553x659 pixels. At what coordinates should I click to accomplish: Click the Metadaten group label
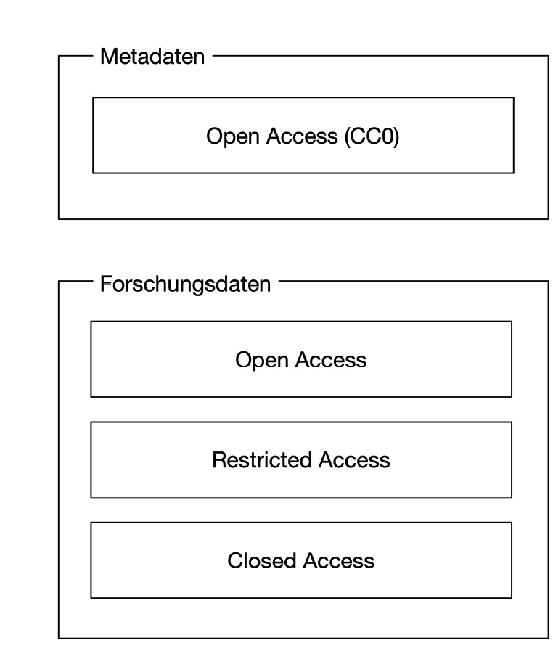click(x=152, y=57)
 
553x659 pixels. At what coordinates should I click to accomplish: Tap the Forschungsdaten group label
click(x=185, y=284)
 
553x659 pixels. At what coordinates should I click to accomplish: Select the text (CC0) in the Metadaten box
click(x=372, y=136)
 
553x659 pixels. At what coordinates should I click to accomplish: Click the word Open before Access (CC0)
click(x=232, y=137)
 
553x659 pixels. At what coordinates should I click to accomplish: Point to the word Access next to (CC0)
click(x=302, y=136)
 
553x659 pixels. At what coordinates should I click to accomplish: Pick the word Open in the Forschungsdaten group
click(x=262, y=360)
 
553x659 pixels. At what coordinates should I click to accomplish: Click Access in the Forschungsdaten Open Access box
click(x=331, y=360)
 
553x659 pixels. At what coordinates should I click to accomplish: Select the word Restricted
click(x=262, y=460)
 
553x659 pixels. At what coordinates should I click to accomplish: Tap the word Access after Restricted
click(x=354, y=460)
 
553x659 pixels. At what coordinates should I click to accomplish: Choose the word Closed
click(x=262, y=560)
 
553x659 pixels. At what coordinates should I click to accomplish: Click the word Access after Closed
click(x=339, y=560)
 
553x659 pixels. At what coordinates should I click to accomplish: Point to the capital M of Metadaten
click(x=108, y=57)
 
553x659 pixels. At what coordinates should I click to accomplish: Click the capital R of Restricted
click(x=219, y=460)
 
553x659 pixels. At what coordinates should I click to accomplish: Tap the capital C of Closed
click(x=235, y=560)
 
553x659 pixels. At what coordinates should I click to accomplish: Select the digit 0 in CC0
click(x=388, y=136)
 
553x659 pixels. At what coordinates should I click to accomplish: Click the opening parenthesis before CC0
click(x=347, y=137)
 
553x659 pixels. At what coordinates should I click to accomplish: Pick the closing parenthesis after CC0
click(x=397, y=137)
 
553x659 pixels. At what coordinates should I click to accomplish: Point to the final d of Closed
click(x=291, y=560)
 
